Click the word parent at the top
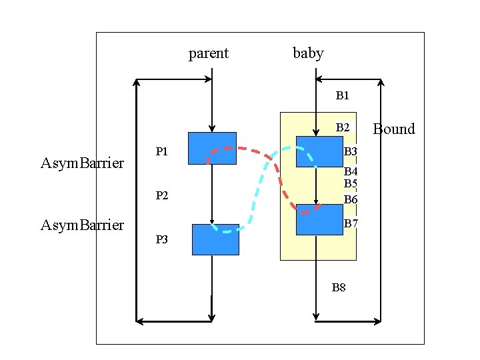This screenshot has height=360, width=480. pos(209,53)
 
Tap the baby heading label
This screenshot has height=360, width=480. pos(308,53)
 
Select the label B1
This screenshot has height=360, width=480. pos(342,96)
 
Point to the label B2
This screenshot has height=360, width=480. pos(343,127)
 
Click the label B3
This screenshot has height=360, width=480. pos(351,152)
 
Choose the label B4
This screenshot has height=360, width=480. pos(351,172)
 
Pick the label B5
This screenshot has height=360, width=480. pos(351,183)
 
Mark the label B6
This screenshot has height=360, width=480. pos(351,199)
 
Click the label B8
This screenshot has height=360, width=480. pos(339,288)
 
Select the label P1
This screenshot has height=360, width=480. pos(162,151)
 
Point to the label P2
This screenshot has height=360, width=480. pos(162,195)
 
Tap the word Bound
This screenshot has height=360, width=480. pos(393,129)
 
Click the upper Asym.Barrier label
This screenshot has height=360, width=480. pos(82,163)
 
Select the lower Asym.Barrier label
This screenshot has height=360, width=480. pos(82,225)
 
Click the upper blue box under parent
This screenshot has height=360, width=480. pos(212,148)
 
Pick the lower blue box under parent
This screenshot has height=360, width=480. pos(215,239)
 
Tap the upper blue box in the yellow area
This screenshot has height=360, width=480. pos(319,151)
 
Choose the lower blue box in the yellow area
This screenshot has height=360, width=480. pos(319,219)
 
